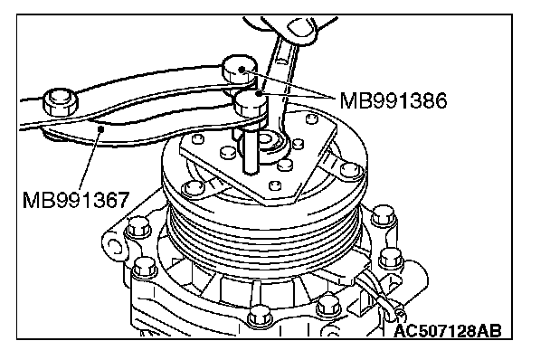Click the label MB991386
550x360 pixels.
(394, 100)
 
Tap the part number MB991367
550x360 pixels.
(76, 200)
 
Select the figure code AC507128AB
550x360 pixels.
(448, 330)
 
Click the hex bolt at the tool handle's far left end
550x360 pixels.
(61, 101)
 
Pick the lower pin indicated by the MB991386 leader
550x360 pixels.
(251, 103)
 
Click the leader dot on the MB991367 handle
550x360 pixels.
(101, 129)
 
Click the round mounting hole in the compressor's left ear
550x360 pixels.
(114, 246)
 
